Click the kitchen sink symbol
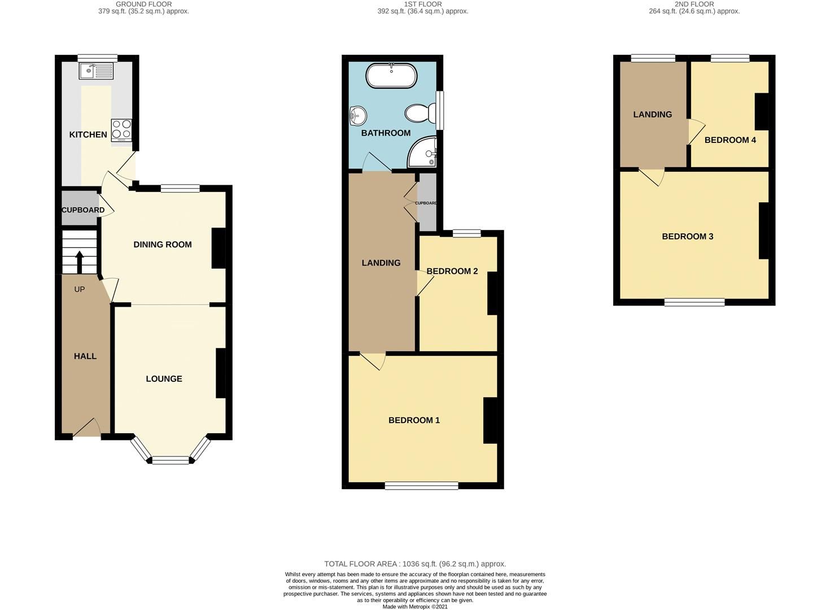(97, 71)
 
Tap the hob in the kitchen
(121, 129)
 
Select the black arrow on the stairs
(79, 262)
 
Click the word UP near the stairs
(80, 289)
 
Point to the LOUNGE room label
(164, 379)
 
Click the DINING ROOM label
(163, 245)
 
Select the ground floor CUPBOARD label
(83, 210)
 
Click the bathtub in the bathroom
(392, 75)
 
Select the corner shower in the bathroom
(423, 152)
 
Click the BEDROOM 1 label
(414, 420)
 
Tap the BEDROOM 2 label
(452, 271)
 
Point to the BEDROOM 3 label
(688, 236)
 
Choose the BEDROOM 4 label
(730, 140)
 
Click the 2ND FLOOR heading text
(694, 4)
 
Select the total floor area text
(415, 564)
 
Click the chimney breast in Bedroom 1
(490, 420)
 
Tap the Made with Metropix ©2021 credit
(415, 607)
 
